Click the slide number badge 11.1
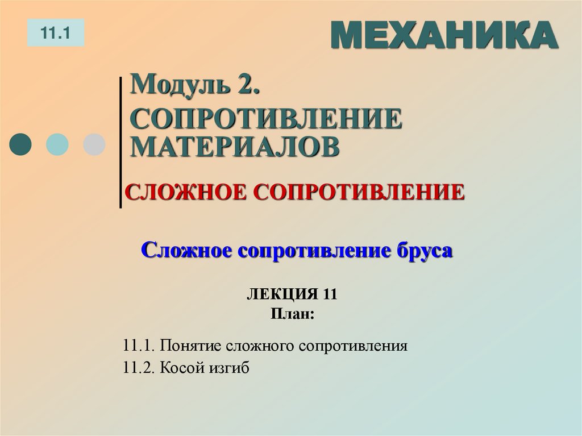pyautogui.click(x=55, y=32)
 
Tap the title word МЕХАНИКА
pyautogui.click(x=443, y=36)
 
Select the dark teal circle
pyautogui.click(x=21, y=144)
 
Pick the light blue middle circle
pyautogui.click(x=57, y=144)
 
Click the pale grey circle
pyautogui.click(x=94, y=144)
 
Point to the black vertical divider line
pyautogui.click(x=120, y=142)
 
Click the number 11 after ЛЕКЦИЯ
pyautogui.click(x=331, y=294)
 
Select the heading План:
pyautogui.click(x=292, y=313)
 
